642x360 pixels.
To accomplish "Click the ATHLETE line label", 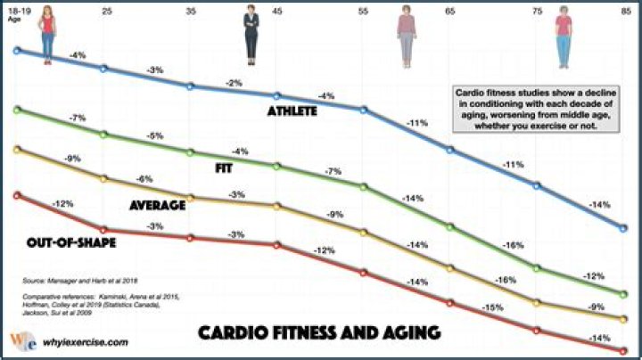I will point(293,112).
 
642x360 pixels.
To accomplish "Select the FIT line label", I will point(226,168).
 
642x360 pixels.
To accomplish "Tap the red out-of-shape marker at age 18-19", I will point(18,194).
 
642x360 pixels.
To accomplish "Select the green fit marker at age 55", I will point(363,186).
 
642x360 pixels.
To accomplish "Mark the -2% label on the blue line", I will point(235,83).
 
